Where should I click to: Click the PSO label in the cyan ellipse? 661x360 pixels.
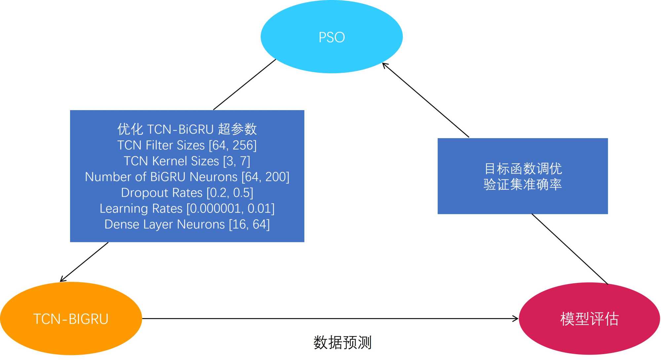click(x=331, y=37)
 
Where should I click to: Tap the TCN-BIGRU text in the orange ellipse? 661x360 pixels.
click(x=71, y=319)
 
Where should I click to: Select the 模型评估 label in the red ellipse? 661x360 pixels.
click(x=589, y=319)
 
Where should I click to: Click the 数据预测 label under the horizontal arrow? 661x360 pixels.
click(x=342, y=342)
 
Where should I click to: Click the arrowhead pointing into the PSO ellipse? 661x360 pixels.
click(x=384, y=65)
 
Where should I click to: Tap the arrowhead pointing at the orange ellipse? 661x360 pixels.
click(x=62, y=280)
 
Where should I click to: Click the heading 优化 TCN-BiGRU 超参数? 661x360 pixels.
click(x=187, y=129)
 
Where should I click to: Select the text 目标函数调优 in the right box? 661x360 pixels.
click(x=523, y=169)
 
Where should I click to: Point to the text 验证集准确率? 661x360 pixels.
click(x=523, y=184)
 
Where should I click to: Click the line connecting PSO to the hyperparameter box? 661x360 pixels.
click(x=245, y=85)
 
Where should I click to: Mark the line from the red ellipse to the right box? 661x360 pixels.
click(x=569, y=249)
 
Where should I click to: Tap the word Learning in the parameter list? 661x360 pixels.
click(x=124, y=209)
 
